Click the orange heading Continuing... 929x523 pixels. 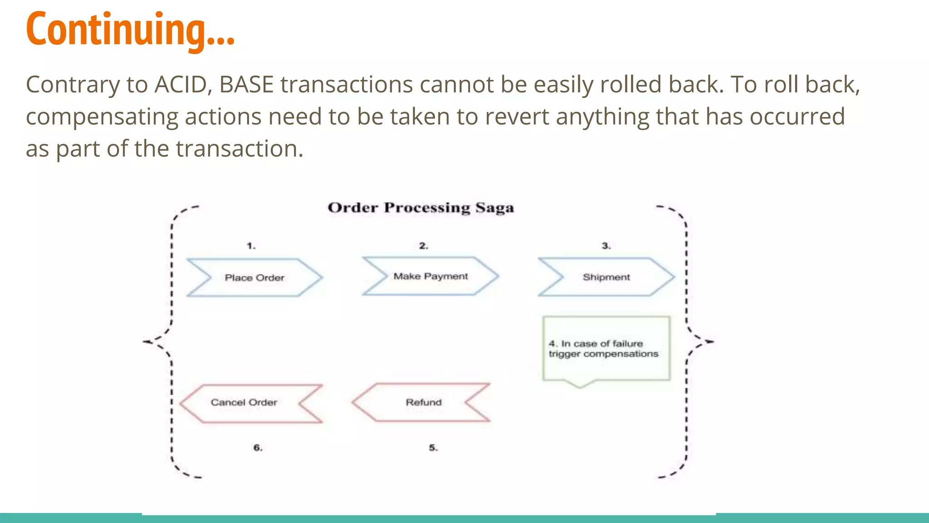tap(130, 30)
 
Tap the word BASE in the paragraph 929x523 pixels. tap(246, 85)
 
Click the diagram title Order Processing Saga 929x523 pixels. tap(420, 208)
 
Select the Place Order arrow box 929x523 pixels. tap(254, 278)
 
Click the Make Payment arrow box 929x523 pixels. tap(430, 276)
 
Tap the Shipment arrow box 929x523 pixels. tap(606, 277)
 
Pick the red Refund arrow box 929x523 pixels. tap(423, 402)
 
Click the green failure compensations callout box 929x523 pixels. tap(606, 348)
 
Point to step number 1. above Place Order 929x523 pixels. tap(251, 246)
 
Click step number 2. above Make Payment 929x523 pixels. tap(423, 246)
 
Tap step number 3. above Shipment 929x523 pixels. tap(606, 246)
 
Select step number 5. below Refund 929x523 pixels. tap(433, 448)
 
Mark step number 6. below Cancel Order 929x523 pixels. tap(258, 448)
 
